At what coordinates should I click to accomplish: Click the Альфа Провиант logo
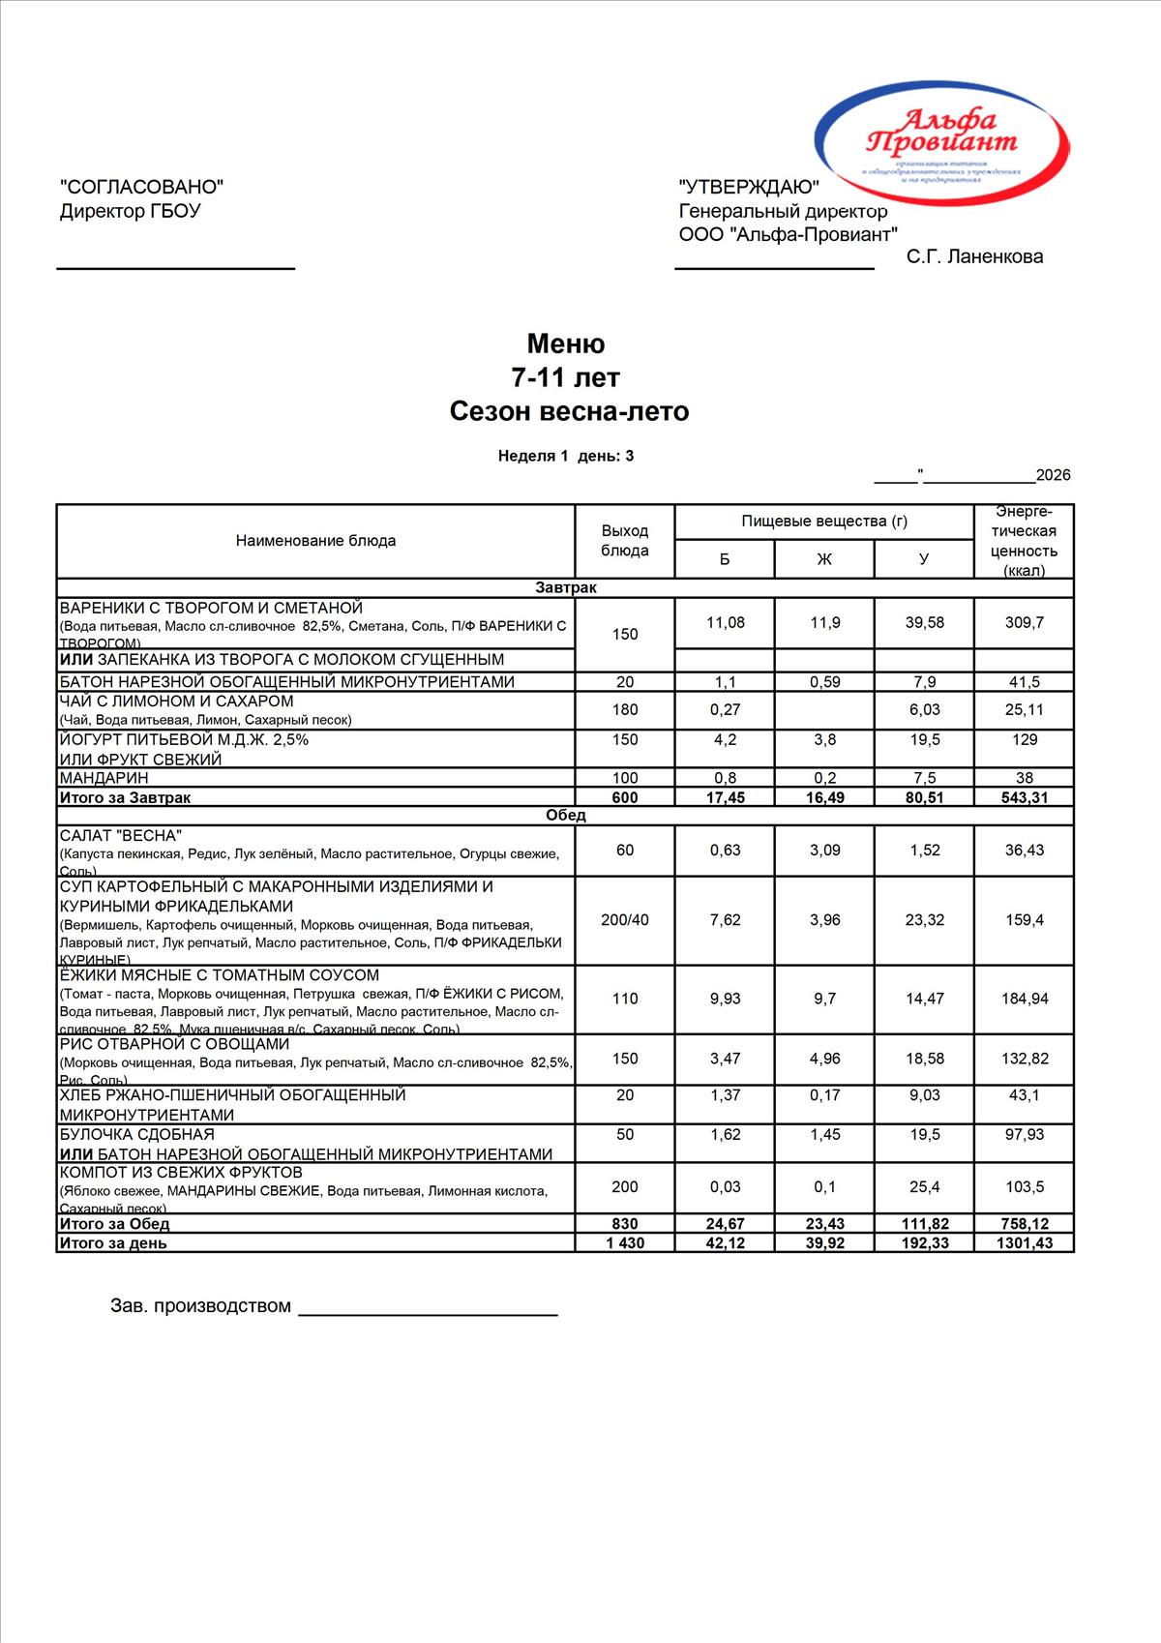(941, 134)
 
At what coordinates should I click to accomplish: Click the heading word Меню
(566, 344)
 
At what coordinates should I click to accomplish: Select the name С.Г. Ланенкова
(974, 256)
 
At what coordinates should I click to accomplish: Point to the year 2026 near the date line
(1053, 475)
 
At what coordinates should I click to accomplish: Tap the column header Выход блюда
(625, 541)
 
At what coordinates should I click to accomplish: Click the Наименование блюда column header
(315, 541)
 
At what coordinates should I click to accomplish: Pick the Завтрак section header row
(566, 587)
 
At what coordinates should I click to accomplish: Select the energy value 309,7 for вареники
(1024, 622)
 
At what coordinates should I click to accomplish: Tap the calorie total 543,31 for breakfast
(1024, 797)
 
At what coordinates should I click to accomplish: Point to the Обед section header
(566, 815)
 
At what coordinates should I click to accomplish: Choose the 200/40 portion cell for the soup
(625, 920)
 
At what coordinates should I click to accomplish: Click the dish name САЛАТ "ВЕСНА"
(121, 835)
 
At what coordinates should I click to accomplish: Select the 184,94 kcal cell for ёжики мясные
(1024, 999)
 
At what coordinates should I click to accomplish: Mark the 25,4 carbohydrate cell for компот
(924, 1187)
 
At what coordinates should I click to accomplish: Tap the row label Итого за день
(113, 1243)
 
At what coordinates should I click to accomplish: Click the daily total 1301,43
(1024, 1243)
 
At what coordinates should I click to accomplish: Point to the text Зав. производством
(200, 1306)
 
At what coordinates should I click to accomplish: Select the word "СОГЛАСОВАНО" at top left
(142, 187)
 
